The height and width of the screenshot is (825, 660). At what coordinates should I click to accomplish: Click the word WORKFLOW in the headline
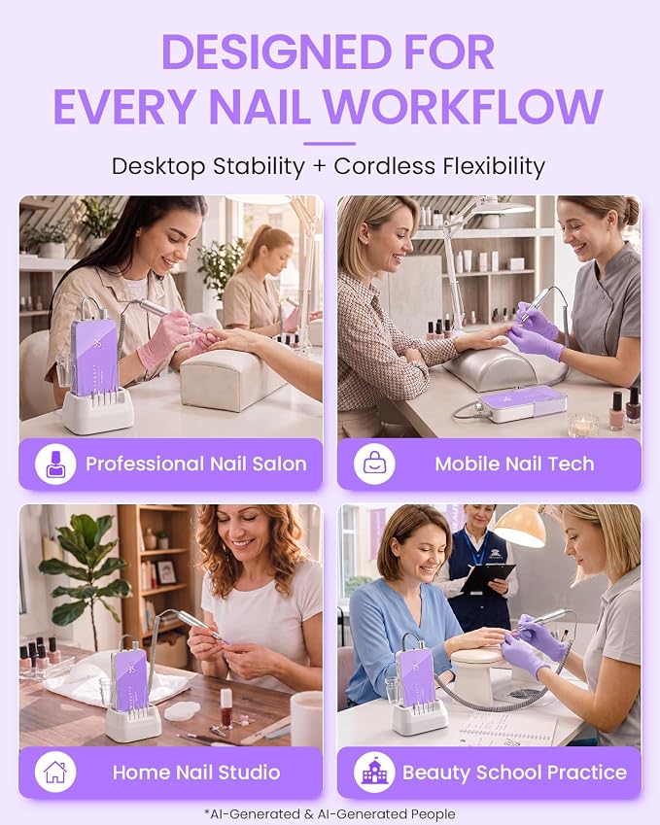[x=464, y=107]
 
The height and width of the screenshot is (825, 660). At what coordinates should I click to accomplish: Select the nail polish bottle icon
[x=55, y=464]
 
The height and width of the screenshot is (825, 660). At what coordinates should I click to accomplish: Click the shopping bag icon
[x=374, y=464]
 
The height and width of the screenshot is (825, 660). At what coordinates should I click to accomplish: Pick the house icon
[x=55, y=772]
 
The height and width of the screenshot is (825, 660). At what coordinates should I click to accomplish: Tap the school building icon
[x=374, y=772]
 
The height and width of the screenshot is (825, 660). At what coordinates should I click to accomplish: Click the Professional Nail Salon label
[x=195, y=464]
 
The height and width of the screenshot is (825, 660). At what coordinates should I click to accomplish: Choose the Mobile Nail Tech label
[x=514, y=464]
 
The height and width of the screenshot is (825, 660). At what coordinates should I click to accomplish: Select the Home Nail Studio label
[x=196, y=773]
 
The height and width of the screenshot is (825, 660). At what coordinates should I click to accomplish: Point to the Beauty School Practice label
[x=514, y=773]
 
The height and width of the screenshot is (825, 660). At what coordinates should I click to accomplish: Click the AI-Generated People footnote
[x=330, y=814]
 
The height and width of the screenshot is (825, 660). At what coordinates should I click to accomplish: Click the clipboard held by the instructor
[x=487, y=578]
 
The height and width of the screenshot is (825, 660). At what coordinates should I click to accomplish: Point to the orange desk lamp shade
[x=521, y=528]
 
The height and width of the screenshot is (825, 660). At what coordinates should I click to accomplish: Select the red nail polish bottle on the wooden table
[x=226, y=707]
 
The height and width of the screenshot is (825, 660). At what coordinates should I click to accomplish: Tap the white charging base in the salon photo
[x=98, y=410]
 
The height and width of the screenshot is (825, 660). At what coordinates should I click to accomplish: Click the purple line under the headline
[x=330, y=143]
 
